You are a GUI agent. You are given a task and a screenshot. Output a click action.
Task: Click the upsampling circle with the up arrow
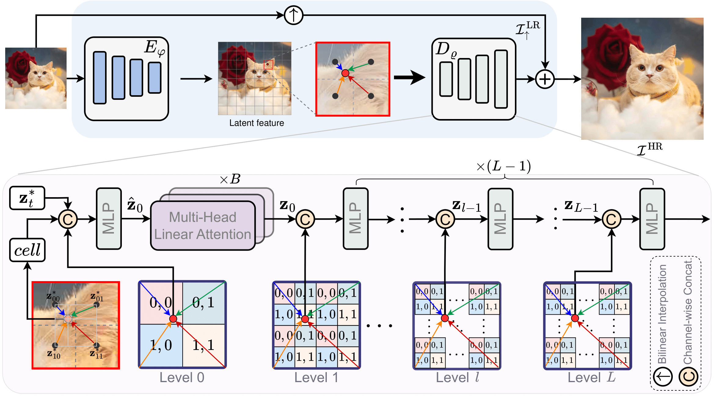(x=293, y=15)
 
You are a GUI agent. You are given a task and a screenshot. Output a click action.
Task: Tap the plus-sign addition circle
(x=545, y=79)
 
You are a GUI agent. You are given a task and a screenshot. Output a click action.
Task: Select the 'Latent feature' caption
(x=257, y=123)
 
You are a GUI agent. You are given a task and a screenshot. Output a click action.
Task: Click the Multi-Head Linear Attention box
(x=203, y=226)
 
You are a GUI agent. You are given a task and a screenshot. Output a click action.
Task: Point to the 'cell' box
(x=27, y=250)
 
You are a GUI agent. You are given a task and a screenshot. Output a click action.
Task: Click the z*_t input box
(x=27, y=198)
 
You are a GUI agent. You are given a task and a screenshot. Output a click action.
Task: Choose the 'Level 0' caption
(x=182, y=378)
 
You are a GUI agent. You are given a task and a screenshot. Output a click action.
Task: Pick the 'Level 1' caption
(x=316, y=378)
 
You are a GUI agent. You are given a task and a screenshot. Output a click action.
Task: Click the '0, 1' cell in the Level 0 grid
(x=204, y=303)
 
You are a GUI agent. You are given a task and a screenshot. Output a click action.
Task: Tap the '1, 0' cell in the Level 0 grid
(x=161, y=345)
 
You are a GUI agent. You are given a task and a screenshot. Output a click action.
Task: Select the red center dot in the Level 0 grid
(x=173, y=319)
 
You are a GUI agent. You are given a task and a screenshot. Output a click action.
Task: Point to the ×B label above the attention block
(x=230, y=179)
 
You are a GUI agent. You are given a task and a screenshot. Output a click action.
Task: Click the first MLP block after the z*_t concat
(x=109, y=219)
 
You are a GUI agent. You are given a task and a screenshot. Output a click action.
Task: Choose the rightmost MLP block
(x=652, y=219)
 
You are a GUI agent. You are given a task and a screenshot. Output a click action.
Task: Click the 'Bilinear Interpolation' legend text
(x=662, y=314)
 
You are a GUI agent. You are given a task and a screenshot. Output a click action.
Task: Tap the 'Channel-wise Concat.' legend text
(x=688, y=311)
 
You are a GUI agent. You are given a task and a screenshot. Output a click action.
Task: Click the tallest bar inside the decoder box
(x=501, y=79)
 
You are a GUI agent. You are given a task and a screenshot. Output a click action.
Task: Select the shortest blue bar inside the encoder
(x=155, y=78)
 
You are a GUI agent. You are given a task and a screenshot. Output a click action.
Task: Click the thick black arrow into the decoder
(x=410, y=78)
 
